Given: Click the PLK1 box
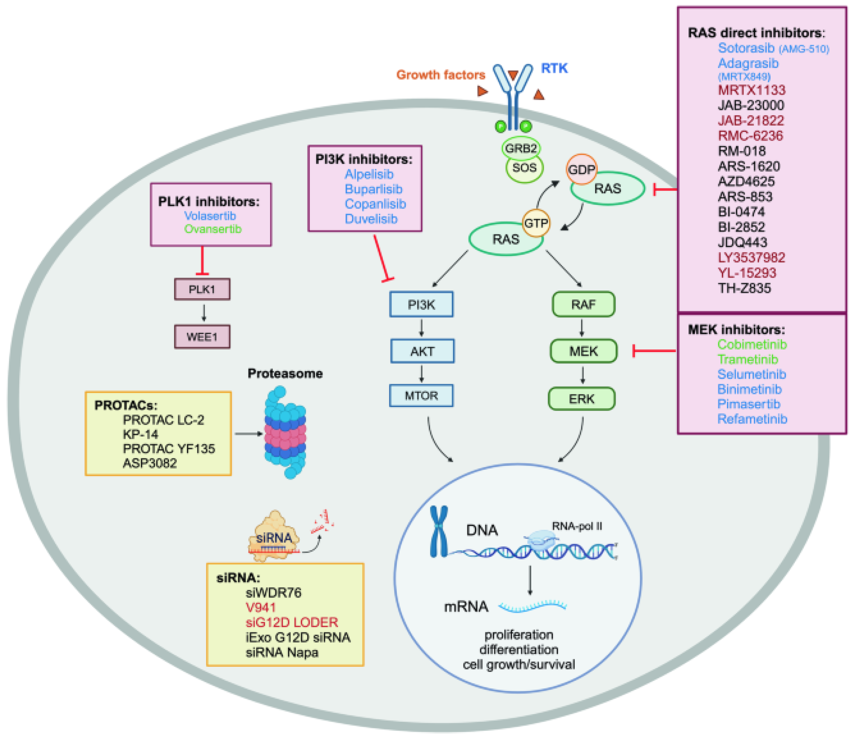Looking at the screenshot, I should coord(202,289).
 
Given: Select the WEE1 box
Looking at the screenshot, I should coord(202,336).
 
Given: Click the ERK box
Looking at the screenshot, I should coord(581,398).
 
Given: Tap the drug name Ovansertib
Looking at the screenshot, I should coord(213,229).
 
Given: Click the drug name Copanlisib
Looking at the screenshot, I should coord(375,203).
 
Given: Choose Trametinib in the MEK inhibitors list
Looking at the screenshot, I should coord(747,359).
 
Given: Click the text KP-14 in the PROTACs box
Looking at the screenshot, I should coord(140,434).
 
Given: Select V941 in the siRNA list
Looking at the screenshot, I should coord(260,607).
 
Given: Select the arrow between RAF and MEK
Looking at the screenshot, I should coord(582,327).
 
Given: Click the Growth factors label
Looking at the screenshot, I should coord(441,75).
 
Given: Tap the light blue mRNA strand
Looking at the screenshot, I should coord(533,606).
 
